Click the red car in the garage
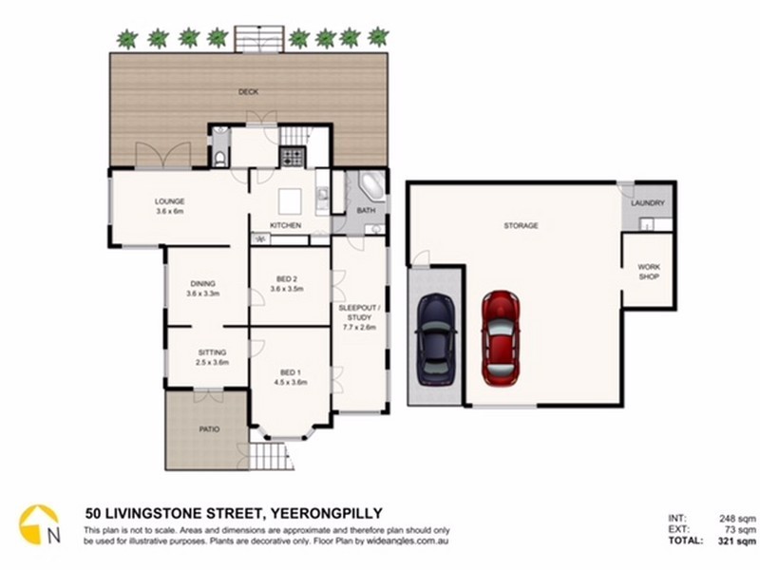(x=501, y=337)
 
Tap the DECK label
(x=249, y=92)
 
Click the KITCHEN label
(x=286, y=225)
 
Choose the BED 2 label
(x=286, y=279)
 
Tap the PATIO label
(x=209, y=429)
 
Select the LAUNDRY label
(x=649, y=203)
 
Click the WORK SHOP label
(x=649, y=273)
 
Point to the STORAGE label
(x=522, y=226)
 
